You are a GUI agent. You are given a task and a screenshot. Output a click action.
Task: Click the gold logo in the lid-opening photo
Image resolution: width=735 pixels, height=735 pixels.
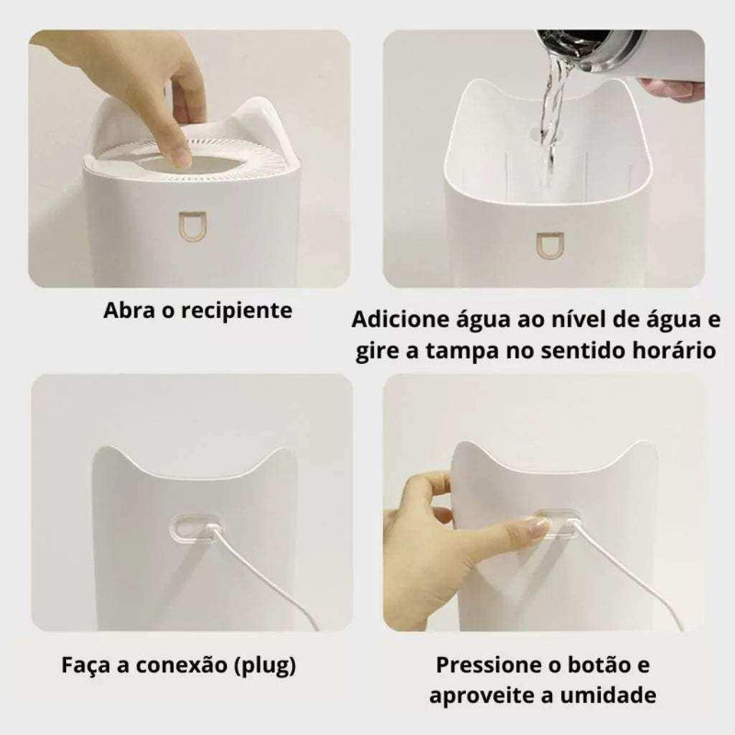coord(192,227)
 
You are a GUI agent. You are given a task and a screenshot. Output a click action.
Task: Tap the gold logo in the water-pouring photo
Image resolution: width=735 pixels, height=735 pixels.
coord(547,245)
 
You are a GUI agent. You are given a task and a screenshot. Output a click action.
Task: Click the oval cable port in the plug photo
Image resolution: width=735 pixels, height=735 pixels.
coord(196,527)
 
